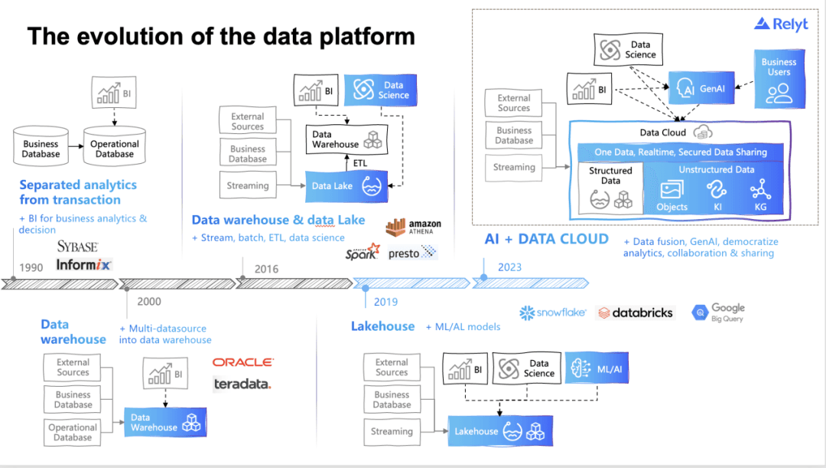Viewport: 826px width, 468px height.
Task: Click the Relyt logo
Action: (780, 25)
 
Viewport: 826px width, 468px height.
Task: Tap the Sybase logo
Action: (77, 247)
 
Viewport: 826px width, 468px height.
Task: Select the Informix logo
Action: (83, 265)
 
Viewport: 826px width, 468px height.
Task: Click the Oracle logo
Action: (242, 362)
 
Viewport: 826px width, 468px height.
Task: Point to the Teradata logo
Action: (242, 384)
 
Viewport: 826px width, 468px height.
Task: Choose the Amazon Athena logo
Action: (413, 227)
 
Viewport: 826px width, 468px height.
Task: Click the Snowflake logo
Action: (552, 313)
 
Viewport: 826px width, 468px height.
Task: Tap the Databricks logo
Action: (636, 313)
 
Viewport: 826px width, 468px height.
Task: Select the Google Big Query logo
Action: (718, 313)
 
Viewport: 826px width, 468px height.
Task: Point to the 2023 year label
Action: (510, 267)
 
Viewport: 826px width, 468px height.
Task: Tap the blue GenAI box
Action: (701, 89)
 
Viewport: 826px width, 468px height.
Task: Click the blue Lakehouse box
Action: (499, 431)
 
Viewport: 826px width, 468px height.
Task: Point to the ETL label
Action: (361, 163)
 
